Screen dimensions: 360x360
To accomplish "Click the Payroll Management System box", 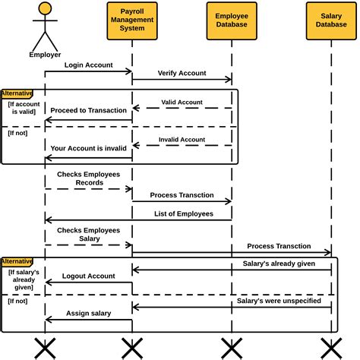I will [132, 21].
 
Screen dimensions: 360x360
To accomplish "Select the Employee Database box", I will [232, 21].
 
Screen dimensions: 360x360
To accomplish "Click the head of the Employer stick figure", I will [45, 9].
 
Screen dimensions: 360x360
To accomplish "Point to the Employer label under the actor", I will [45, 55].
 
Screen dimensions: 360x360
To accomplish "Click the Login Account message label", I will [88, 65].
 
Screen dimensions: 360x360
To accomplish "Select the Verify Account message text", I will [182, 74].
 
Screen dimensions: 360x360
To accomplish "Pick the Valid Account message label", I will [182, 102].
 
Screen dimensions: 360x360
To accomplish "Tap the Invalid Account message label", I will [182, 139].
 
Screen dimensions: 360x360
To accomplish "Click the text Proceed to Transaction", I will [89, 110].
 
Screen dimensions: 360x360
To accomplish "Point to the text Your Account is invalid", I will [89, 147].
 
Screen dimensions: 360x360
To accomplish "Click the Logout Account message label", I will [88, 276].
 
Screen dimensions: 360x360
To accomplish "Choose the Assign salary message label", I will [88, 313].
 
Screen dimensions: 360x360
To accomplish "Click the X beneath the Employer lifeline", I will [45, 348].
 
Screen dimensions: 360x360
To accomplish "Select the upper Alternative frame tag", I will [17, 93].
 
